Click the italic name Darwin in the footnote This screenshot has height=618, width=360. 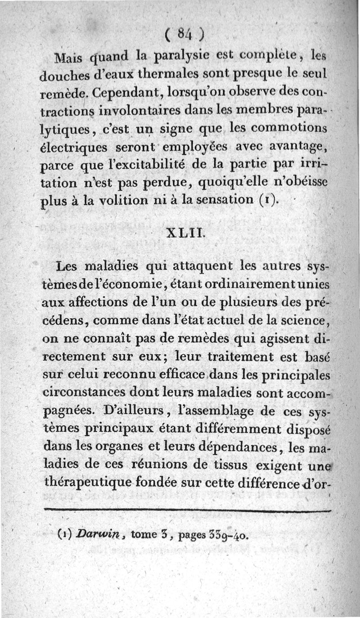click(99, 536)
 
